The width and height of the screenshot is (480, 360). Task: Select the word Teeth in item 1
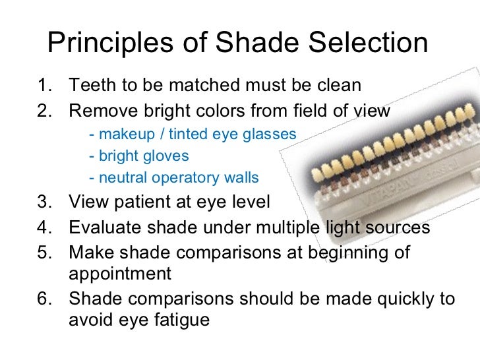coord(90,85)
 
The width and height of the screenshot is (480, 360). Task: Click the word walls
coord(242,178)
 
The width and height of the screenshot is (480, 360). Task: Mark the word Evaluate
coord(103,227)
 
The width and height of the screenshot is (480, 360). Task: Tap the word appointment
coord(119,274)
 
